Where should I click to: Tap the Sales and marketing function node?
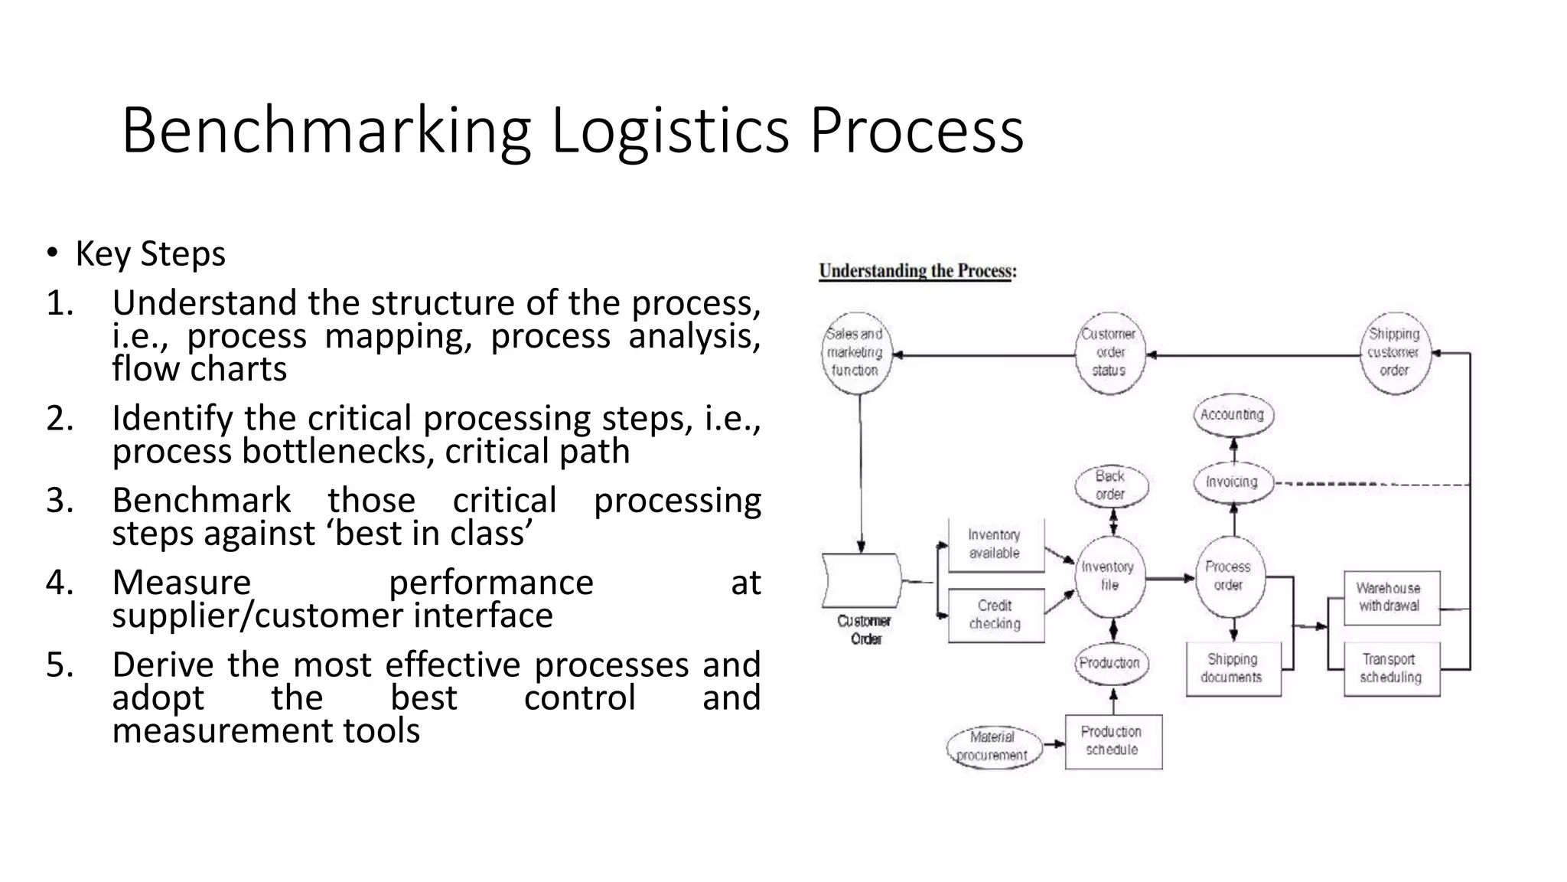(x=855, y=352)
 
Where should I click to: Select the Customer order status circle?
(x=1109, y=352)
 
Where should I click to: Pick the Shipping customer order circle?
(x=1394, y=352)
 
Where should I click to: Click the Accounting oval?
(x=1232, y=415)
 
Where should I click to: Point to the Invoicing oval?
(x=1232, y=482)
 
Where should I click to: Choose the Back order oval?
(x=1110, y=485)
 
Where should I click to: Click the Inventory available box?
(x=995, y=544)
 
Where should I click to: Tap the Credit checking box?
(x=995, y=615)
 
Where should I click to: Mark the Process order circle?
(x=1228, y=576)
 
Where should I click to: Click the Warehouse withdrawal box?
(x=1390, y=597)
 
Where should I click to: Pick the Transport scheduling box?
(x=1390, y=668)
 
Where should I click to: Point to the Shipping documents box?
(x=1232, y=668)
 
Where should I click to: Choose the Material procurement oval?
(x=992, y=746)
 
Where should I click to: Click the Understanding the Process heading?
(x=917, y=271)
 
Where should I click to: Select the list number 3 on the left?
(x=59, y=501)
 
